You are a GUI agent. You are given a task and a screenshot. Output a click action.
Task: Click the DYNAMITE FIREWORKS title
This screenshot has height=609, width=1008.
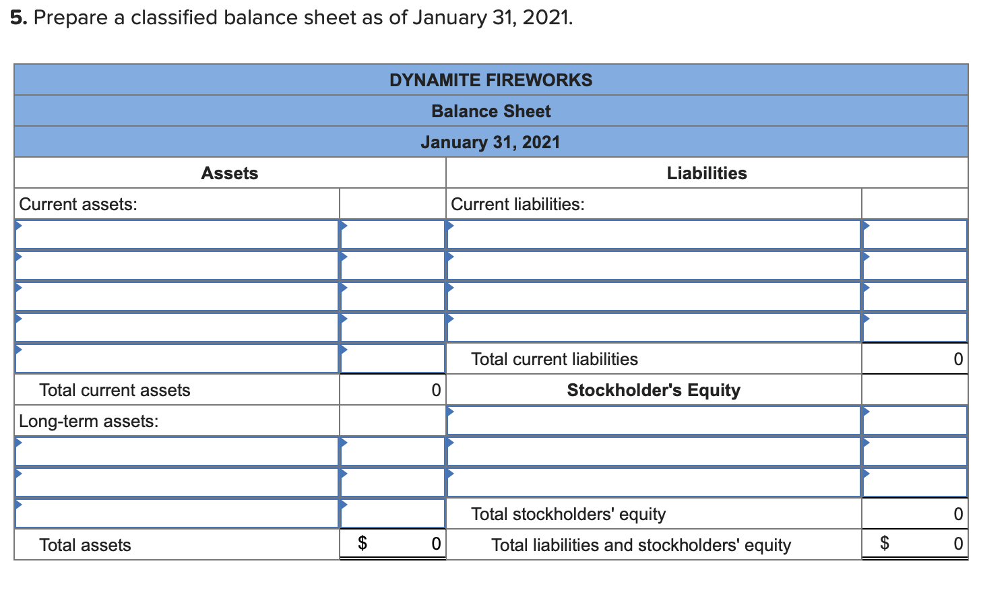click(x=491, y=80)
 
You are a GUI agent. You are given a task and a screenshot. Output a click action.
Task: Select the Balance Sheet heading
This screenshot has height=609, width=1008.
click(x=491, y=111)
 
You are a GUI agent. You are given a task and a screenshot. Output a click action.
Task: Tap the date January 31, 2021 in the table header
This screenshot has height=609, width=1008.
click(x=491, y=142)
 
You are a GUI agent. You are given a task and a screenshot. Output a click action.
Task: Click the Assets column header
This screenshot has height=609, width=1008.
click(x=229, y=173)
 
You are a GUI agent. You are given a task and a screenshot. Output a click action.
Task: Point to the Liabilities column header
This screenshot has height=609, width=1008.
click(x=707, y=173)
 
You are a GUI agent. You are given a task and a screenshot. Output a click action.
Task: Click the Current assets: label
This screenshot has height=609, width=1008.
click(x=78, y=204)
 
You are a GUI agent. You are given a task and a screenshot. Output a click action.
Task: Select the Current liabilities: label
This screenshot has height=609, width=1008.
click(x=517, y=204)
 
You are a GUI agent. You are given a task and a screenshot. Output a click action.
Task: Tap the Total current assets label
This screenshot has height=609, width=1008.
click(x=115, y=390)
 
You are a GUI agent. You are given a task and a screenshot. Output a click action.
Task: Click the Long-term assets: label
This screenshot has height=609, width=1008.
click(x=89, y=421)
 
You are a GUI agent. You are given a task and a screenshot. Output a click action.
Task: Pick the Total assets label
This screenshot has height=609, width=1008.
click(x=85, y=545)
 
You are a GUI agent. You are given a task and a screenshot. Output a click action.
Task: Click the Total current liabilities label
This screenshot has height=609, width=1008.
click(x=554, y=359)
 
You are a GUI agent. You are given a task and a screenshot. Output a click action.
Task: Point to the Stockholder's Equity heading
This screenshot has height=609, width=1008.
click(x=654, y=390)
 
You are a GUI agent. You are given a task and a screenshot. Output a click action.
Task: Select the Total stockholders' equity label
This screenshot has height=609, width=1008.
click(x=568, y=514)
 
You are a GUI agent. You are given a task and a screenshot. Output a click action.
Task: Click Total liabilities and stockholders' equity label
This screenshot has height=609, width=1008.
click(x=641, y=545)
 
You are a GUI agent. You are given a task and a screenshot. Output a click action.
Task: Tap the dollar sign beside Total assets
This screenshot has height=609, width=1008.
click(x=362, y=543)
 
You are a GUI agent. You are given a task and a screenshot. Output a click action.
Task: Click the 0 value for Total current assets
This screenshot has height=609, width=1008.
click(x=436, y=390)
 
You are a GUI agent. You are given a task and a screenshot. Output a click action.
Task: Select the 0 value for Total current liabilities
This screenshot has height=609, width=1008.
click(x=958, y=359)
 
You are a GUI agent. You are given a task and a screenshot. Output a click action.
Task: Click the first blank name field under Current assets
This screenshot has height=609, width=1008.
click(x=177, y=234)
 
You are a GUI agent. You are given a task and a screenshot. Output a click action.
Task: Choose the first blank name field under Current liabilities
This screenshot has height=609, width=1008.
click(x=654, y=234)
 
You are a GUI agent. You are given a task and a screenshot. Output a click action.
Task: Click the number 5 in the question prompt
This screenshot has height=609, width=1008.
click(x=18, y=18)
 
